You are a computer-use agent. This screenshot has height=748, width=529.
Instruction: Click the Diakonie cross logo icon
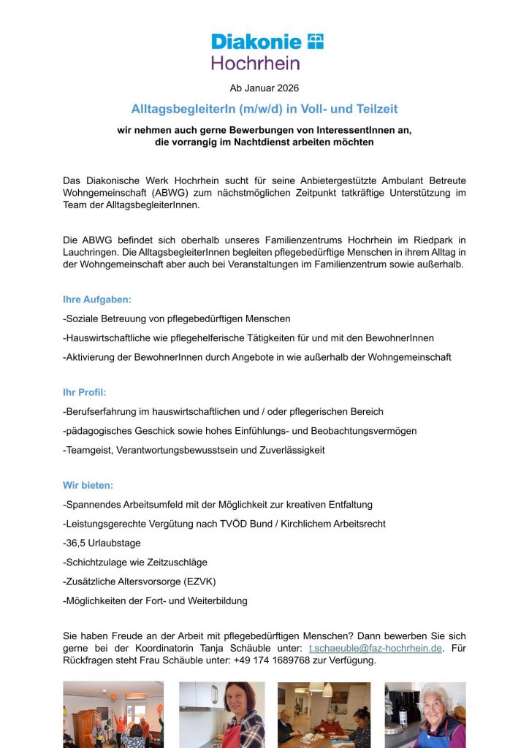click(x=315, y=41)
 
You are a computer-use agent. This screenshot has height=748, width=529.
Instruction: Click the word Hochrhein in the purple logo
click(x=256, y=63)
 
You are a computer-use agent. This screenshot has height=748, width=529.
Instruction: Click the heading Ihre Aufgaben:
click(x=97, y=299)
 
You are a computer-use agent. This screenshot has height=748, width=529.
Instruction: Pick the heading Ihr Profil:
click(x=85, y=392)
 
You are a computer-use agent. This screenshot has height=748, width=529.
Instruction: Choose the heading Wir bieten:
click(x=88, y=485)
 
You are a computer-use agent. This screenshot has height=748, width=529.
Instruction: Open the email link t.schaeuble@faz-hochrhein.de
click(x=375, y=649)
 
